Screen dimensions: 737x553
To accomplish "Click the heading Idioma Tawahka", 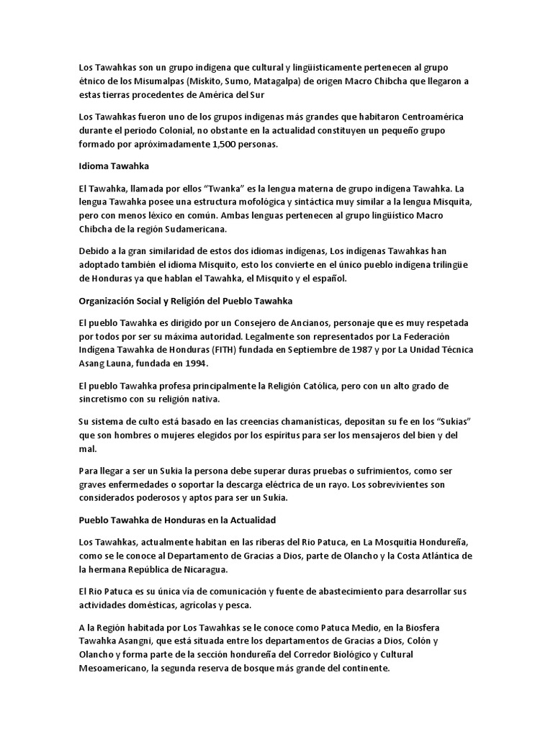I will coord(113,166).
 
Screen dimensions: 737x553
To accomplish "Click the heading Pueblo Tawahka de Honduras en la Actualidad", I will coord(177,519).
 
